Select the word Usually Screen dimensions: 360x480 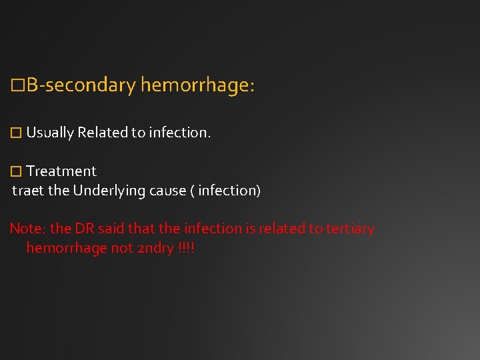(50, 133)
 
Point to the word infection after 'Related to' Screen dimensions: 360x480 (179, 133)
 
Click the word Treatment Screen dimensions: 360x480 (61, 171)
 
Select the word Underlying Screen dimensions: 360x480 (109, 191)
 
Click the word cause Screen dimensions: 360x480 (167, 191)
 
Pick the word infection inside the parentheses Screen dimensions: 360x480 (227, 191)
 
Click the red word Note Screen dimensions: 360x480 (26, 229)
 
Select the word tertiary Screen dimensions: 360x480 (351, 229)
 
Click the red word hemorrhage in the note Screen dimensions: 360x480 (65, 248)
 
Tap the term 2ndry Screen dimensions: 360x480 (153, 248)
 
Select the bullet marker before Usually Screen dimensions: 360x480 (17, 133)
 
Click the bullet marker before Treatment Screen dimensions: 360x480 (17, 171)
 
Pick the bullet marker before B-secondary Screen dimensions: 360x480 (18, 86)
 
